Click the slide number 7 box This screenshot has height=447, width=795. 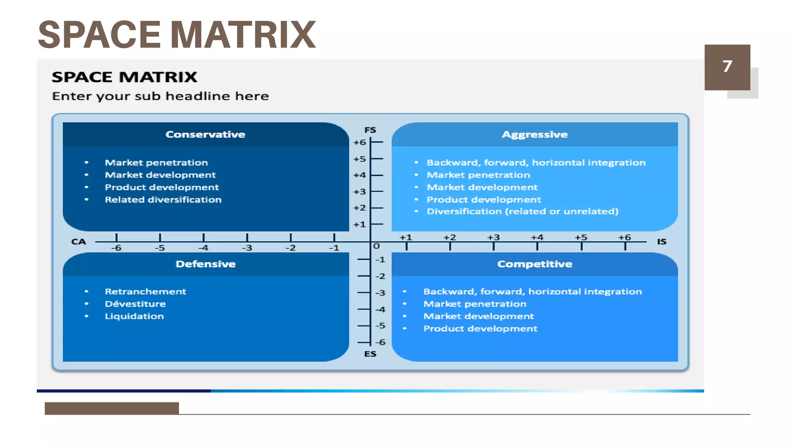point(727,67)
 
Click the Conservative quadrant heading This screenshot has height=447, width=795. point(205,135)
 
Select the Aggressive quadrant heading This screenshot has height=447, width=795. point(535,135)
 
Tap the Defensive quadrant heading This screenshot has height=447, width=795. point(205,264)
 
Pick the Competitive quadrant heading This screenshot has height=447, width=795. point(535,264)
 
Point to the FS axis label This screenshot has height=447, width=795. point(370,130)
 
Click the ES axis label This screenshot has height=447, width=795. point(370,354)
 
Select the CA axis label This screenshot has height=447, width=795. point(78,242)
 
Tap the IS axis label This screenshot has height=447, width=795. point(661,242)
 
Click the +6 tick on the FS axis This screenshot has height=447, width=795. point(360,142)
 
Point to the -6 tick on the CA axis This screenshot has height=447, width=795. point(116,248)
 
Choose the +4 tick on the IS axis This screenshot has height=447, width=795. point(537,237)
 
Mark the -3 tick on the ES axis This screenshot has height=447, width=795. point(380,293)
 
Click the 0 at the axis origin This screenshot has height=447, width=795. point(376,246)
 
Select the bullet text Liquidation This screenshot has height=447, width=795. point(134,316)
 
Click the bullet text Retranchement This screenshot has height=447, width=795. point(145,291)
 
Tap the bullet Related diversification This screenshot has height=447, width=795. point(163,199)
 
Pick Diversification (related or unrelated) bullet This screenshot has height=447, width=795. point(522,211)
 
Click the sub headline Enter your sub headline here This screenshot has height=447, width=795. point(160,96)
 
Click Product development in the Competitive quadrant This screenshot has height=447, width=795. point(480,329)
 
